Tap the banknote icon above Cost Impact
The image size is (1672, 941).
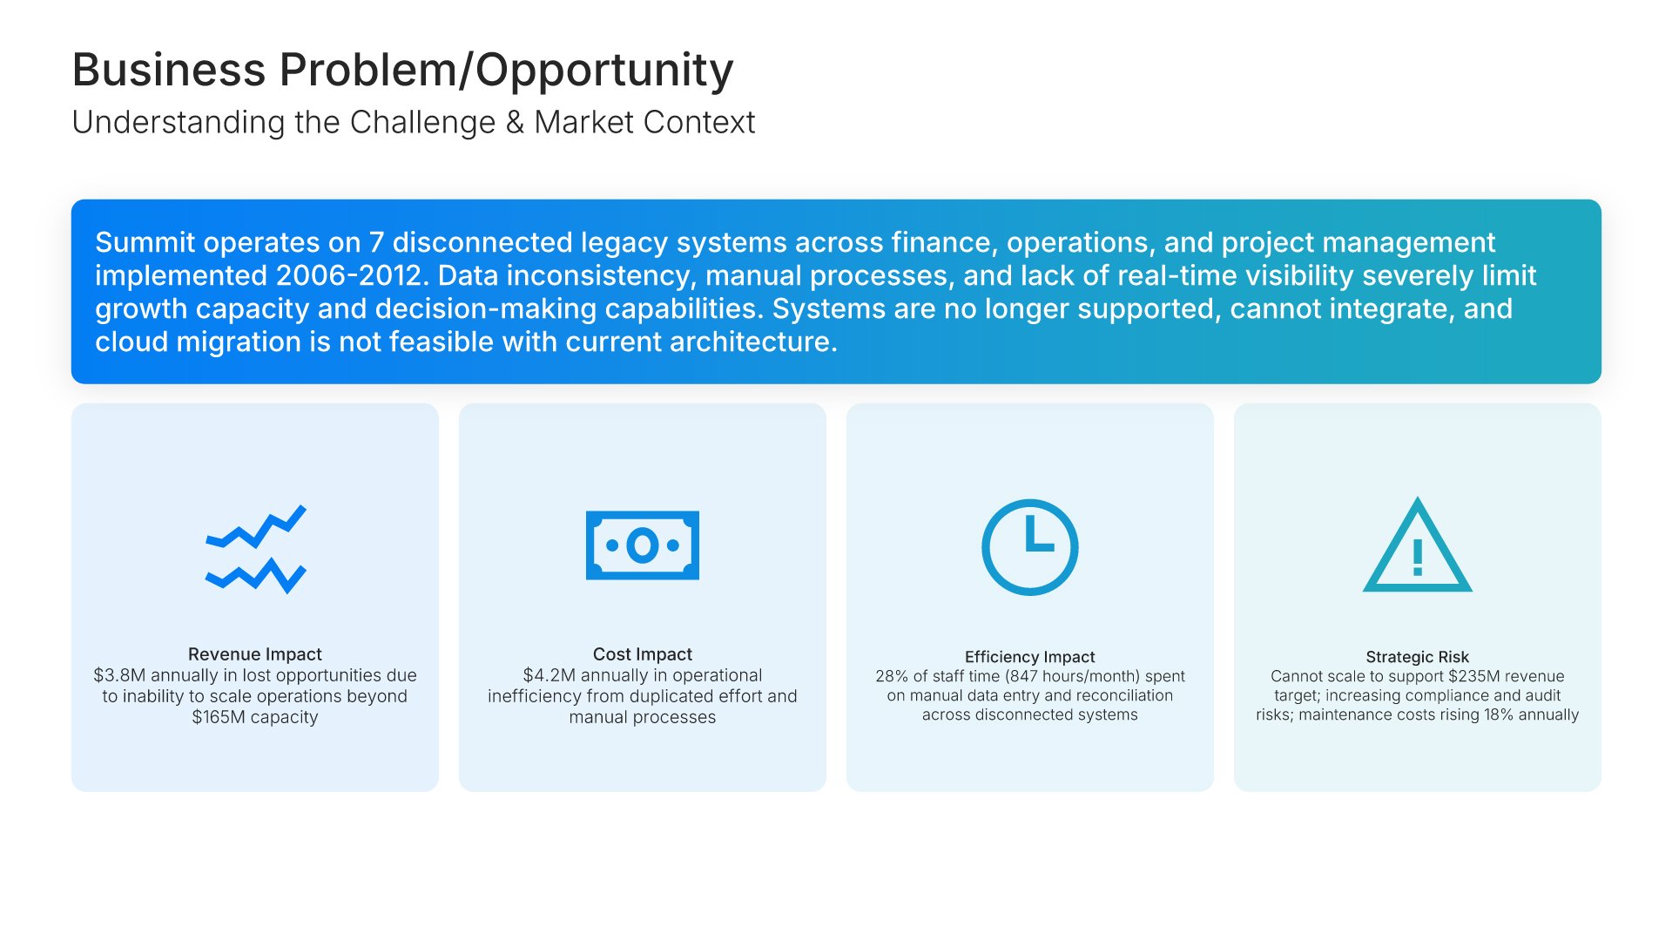tap(643, 545)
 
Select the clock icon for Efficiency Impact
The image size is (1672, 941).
tap(1030, 547)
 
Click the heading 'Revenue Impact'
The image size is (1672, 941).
tap(255, 654)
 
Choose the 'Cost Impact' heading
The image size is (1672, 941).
tap(643, 654)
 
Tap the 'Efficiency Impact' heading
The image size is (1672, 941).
tap(1030, 657)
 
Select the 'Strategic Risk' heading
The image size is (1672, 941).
tap(1418, 657)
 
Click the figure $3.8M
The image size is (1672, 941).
tap(119, 675)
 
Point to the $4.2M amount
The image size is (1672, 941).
tap(549, 675)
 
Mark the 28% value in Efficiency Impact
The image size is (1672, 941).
tap(892, 676)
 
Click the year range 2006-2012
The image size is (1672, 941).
tap(349, 275)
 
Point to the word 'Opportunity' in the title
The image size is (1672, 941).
tap(604, 71)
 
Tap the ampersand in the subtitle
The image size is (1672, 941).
tap(515, 123)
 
